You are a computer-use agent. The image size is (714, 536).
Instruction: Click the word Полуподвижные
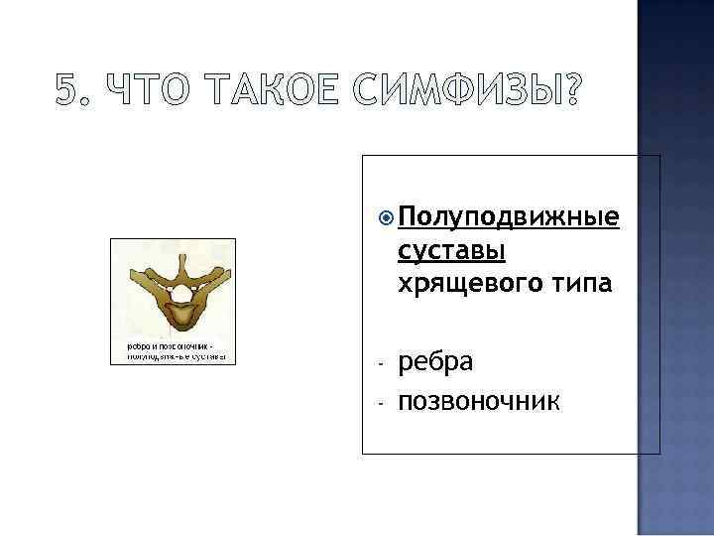pos(509,218)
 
